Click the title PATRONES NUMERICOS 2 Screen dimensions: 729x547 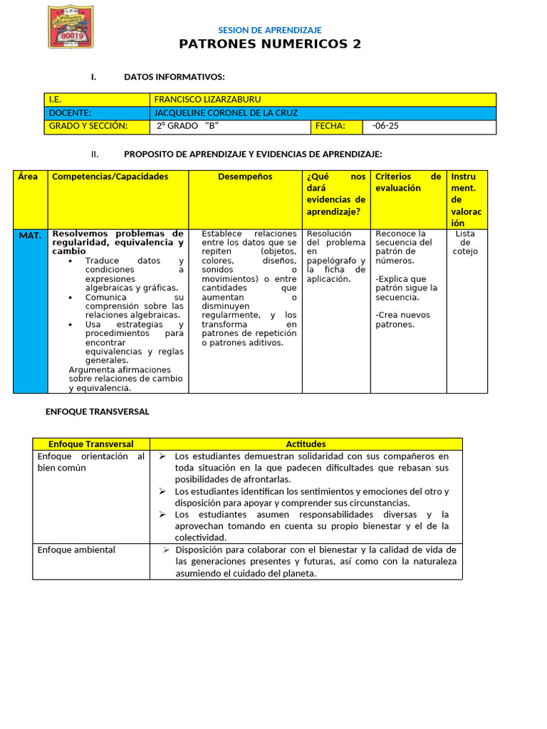point(270,44)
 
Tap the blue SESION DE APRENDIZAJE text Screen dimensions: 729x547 point(269,30)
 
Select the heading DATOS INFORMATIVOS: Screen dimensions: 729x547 point(174,77)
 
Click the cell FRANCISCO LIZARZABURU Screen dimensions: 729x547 point(202,100)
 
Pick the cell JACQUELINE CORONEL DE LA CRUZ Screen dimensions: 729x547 point(226,113)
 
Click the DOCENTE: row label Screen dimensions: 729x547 point(70,113)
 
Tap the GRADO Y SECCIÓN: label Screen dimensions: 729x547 point(88,127)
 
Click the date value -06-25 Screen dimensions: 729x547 point(385,127)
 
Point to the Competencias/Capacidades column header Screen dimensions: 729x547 point(110,177)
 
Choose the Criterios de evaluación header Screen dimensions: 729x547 point(408,182)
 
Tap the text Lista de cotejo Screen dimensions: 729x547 point(465,242)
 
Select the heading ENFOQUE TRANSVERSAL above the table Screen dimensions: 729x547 point(98,411)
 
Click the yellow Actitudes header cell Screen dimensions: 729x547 point(306,444)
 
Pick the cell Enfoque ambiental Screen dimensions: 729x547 point(76,550)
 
